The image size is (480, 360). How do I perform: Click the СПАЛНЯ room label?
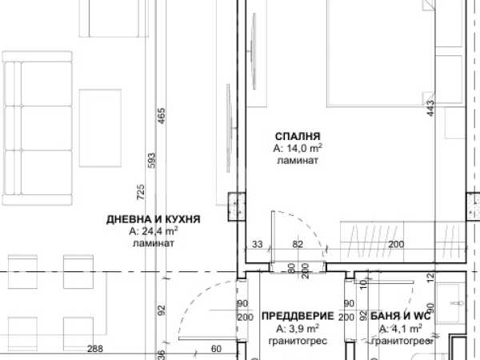[x=298, y=136]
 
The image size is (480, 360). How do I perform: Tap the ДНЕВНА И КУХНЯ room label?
[x=154, y=219]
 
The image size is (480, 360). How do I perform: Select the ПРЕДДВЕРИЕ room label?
[x=298, y=316]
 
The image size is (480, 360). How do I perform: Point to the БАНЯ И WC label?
[x=401, y=316]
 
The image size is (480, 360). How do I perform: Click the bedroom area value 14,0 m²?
[x=298, y=148]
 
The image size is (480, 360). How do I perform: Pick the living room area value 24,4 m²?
[x=154, y=231]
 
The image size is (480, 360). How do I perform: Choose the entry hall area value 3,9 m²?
[x=298, y=329]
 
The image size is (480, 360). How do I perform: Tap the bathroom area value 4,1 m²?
[x=401, y=329]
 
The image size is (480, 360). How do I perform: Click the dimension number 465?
[x=162, y=116]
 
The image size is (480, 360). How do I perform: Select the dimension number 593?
[x=151, y=161]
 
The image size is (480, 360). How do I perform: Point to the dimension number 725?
[x=141, y=192]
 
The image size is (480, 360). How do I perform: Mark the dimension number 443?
[x=430, y=108]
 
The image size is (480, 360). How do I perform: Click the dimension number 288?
[x=95, y=349]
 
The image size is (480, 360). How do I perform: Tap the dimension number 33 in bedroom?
[x=258, y=244]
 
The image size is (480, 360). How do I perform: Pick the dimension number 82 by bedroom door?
[x=298, y=244]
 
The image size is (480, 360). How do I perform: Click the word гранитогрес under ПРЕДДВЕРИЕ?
[x=298, y=341]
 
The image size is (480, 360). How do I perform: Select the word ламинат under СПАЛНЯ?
[x=298, y=160]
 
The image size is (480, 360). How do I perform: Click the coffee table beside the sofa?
[x=101, y=128]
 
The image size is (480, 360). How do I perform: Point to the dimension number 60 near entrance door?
[x=216, y=349]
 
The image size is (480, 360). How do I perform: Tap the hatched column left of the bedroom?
[x=237, y=206]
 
